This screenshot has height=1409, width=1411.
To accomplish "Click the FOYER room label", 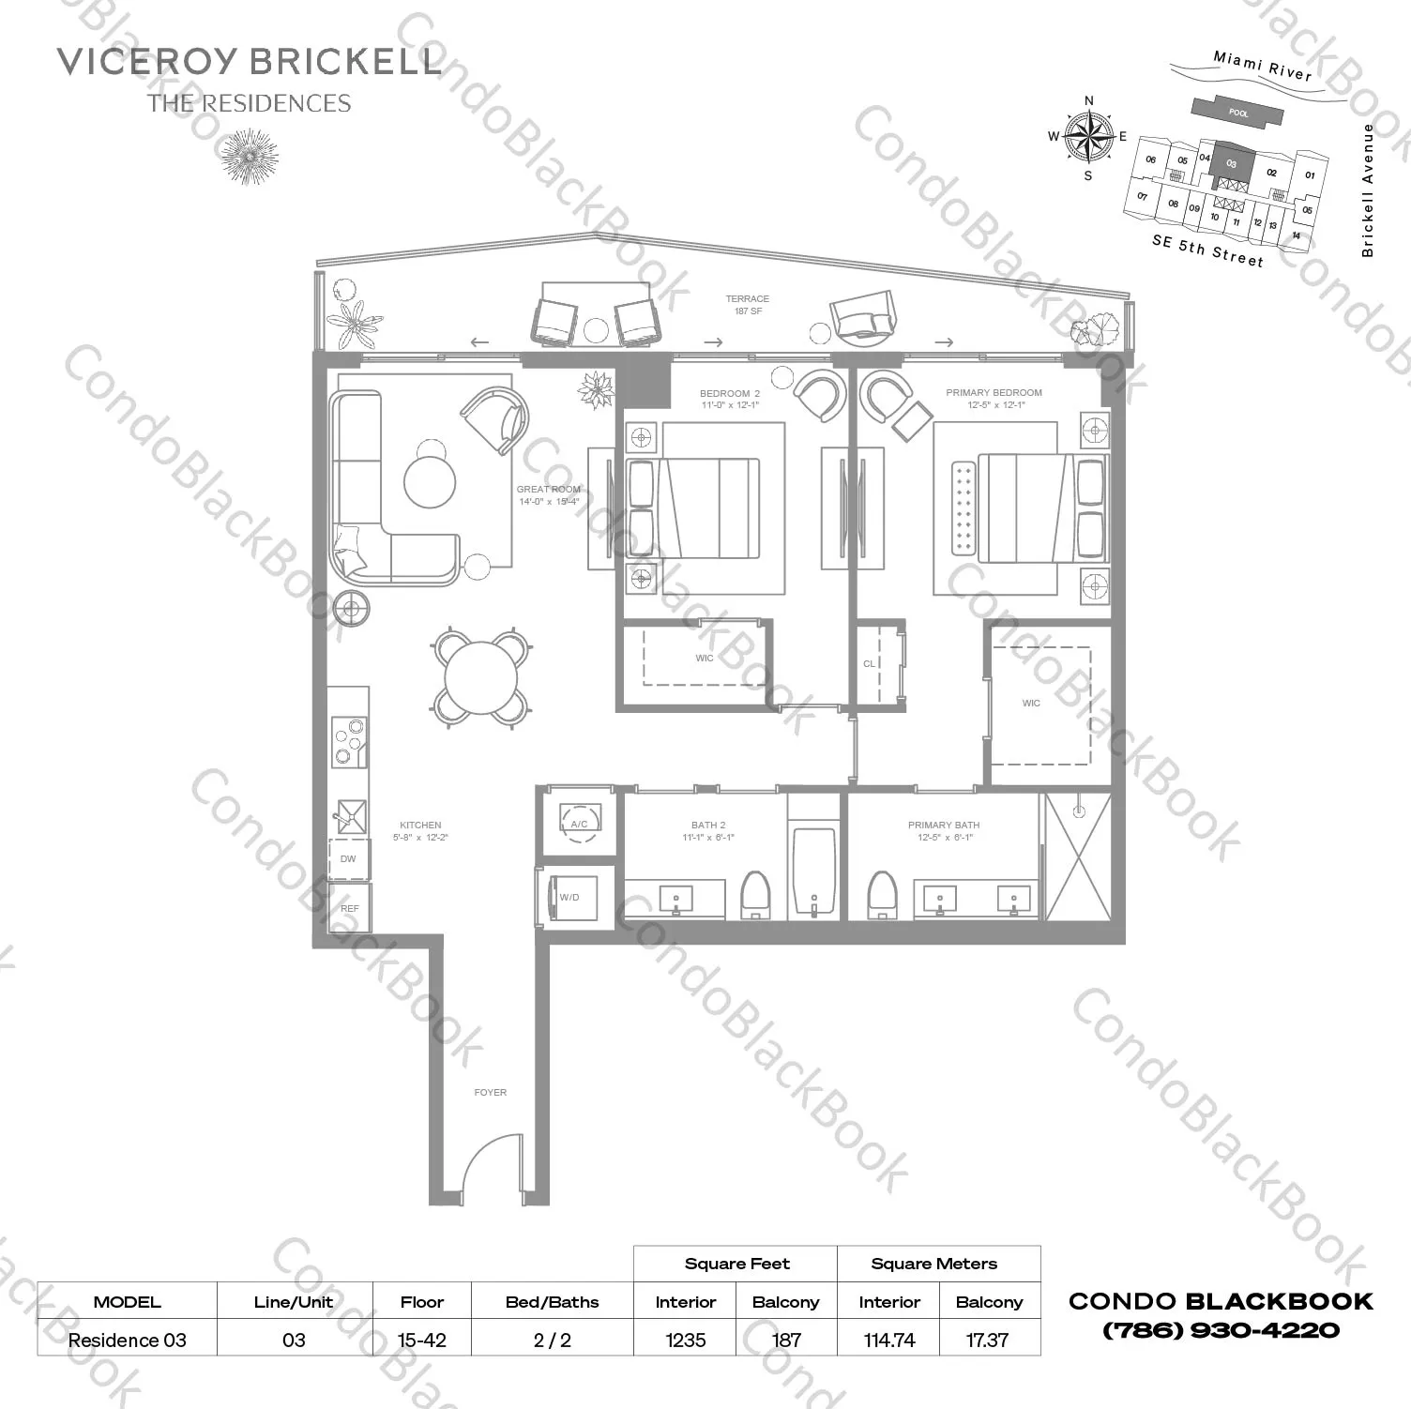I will coord(490,1093).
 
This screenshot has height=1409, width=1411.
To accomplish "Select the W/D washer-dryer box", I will coord(573,898).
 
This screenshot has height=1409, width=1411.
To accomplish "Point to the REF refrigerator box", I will coord(350,908).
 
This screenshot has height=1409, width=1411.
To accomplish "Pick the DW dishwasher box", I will coord(348,858).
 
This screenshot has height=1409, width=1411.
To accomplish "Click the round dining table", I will coord(480,677).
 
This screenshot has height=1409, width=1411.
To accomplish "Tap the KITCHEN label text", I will coord(420,826).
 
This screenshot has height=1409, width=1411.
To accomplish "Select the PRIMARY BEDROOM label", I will coord(994,393).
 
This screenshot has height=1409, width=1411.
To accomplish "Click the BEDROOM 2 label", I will coord(729,394).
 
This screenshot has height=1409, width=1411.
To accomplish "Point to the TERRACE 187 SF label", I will coord(747,305).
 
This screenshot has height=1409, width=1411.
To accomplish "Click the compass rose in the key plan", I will coord(1088,137).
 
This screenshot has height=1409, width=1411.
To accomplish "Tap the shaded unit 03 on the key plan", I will coord(1231,163).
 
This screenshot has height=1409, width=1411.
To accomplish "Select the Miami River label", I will coord(1262,65).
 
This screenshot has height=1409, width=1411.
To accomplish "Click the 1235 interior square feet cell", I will coord(685,1340).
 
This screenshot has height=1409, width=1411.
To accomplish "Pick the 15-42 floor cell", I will coord(421,1340).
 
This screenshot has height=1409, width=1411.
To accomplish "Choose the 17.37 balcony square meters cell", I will coord(987,1340).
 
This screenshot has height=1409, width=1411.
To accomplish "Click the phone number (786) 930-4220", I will coord(1221,1330).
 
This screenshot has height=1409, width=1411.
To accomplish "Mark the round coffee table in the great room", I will coord(430,481).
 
